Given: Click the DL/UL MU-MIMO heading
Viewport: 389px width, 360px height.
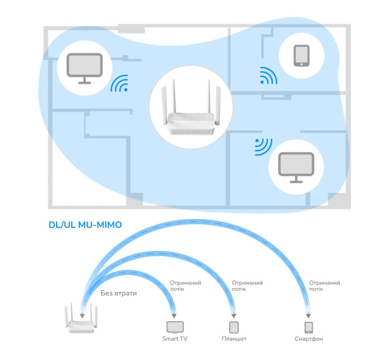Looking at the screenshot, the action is [85, 225].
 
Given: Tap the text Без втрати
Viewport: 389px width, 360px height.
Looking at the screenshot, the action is [118, 293].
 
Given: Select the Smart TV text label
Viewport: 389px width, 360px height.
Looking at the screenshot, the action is [174, 339].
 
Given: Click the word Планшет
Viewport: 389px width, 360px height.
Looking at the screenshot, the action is [234, 339].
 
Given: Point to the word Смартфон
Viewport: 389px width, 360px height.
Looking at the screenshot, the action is [308, 339].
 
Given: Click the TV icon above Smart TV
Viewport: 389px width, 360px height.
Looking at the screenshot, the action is [175, 327].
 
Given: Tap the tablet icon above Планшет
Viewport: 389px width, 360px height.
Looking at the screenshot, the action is [234, 327].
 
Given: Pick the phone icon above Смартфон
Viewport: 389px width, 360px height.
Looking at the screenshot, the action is [308, 327].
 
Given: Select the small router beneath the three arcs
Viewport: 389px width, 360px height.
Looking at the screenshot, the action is [81, 318].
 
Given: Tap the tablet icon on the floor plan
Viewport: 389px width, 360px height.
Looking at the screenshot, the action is [301, 56].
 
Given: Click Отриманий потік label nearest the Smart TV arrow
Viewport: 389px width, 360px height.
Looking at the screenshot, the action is [185, 286].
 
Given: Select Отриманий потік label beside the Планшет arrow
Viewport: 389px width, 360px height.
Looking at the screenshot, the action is [247, 286].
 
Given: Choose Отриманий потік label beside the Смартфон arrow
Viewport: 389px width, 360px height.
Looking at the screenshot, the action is [324, 286].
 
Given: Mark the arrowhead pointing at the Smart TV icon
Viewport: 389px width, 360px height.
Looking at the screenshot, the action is [174, 315].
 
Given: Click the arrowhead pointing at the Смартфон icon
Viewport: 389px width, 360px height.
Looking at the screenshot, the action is [308, 315].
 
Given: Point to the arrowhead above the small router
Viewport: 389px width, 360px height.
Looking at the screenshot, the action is [82, 315].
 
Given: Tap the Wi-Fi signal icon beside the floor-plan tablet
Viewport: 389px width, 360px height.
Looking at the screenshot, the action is [268, 75].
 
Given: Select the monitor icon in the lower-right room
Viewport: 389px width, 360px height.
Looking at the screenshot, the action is [296, 167].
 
